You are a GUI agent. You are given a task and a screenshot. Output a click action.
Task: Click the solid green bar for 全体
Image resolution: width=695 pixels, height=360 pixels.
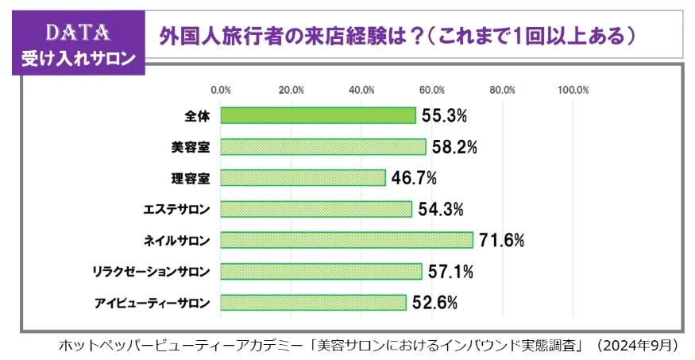318,116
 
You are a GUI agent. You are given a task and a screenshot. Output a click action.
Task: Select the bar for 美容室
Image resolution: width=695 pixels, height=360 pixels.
323,147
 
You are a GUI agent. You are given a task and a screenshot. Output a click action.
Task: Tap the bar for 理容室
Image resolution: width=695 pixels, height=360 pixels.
303,178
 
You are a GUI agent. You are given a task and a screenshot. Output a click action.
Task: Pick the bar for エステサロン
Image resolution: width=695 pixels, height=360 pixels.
316,209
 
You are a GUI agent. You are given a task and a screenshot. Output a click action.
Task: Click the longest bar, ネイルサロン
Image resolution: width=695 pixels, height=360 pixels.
346,240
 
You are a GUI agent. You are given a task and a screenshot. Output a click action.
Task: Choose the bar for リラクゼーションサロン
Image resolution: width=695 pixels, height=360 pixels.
321,271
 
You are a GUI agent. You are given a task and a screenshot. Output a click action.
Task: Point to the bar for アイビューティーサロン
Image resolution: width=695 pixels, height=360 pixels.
313,302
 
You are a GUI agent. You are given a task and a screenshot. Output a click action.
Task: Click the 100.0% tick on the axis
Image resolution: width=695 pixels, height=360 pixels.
573,90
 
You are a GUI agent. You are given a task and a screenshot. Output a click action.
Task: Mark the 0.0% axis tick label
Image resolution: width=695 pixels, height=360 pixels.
221,90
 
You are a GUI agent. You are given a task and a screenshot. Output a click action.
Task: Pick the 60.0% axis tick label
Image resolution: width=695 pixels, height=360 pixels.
432,90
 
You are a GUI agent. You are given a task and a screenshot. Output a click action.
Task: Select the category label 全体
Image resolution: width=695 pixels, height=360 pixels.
197,116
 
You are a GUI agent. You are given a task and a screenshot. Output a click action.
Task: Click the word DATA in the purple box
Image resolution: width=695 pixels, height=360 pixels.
77,32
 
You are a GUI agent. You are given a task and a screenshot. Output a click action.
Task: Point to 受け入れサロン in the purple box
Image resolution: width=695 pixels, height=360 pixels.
78,58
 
